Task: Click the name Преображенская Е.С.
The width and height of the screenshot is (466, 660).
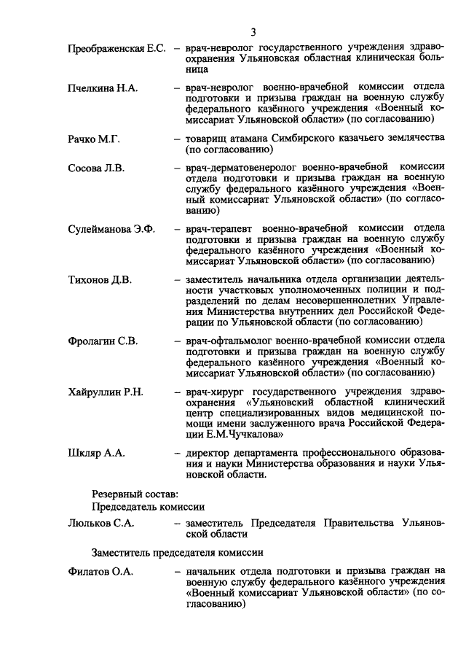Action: click(x=117, y=48)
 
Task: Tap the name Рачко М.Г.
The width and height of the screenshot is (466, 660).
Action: click(x=95, y=139)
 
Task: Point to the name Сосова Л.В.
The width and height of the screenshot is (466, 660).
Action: click(x=96, y=168)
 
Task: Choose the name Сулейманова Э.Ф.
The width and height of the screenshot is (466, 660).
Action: click(x=111, y=229)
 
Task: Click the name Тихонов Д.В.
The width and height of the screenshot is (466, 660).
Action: click(x=99, y=279)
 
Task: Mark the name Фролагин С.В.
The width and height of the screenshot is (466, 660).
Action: click(x=103, y=341)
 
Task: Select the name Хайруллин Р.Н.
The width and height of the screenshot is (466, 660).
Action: click(x=106, y=392)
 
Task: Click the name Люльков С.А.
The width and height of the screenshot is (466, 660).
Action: click(x=101, y=524)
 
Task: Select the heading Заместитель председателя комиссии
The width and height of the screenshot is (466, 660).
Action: click(x=177, y=551)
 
